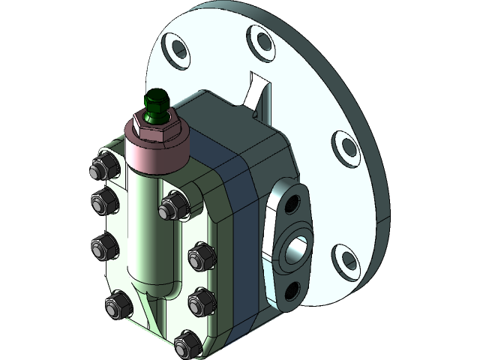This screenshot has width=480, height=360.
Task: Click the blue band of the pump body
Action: coord(240,225)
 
